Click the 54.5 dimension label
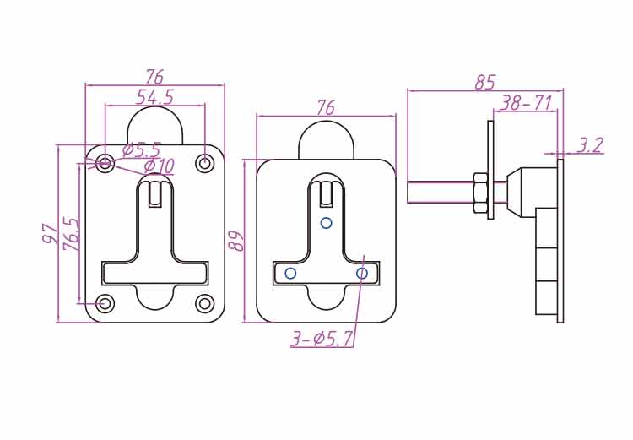(x=154, y=97)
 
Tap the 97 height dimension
(x=50, y=233)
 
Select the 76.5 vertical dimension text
(x=72, y=234)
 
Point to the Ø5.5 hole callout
(x=141, y=149)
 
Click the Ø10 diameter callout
(x=159, y=166)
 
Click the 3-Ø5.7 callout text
(x=322, y=339)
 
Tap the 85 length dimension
(x=484, y=83)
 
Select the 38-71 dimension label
(x=525, y=103)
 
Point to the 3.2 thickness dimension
(x=589, y=145)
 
